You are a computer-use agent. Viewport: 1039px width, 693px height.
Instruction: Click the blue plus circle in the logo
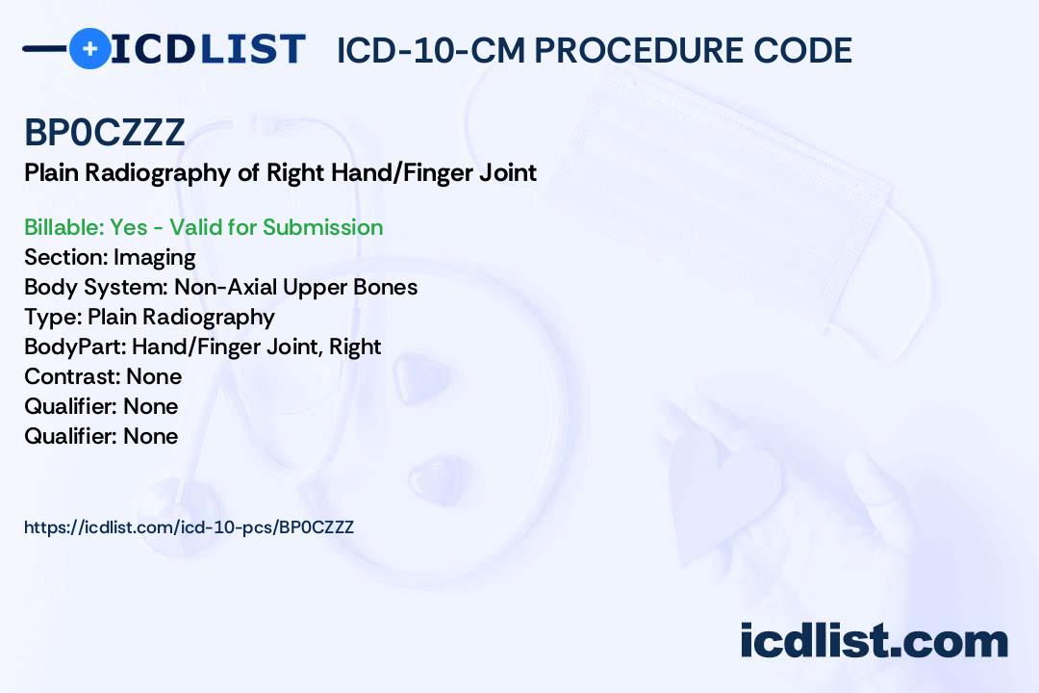tap(89, 48)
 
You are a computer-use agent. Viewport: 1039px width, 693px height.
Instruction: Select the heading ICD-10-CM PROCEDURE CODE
tap(594, 50)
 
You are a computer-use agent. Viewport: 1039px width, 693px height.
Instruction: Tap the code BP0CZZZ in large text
tap(104, 132)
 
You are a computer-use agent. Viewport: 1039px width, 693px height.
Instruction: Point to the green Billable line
tap(203, 227)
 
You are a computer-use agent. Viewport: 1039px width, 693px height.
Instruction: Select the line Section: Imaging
tap(110, 257)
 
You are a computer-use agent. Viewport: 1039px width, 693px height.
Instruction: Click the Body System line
tap(220, 287)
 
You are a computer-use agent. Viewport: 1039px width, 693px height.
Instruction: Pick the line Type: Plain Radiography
tap(149, 317)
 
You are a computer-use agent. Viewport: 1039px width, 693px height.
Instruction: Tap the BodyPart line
tap(202, 346)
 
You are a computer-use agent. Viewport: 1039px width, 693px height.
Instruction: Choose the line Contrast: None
tap(103, 376)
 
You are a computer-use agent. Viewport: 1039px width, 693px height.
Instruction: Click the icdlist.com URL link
tap(189, 527)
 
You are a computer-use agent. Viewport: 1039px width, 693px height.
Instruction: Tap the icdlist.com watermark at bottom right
tap(874, 641)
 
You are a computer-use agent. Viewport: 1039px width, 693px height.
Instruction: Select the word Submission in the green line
tap(322, 227)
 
